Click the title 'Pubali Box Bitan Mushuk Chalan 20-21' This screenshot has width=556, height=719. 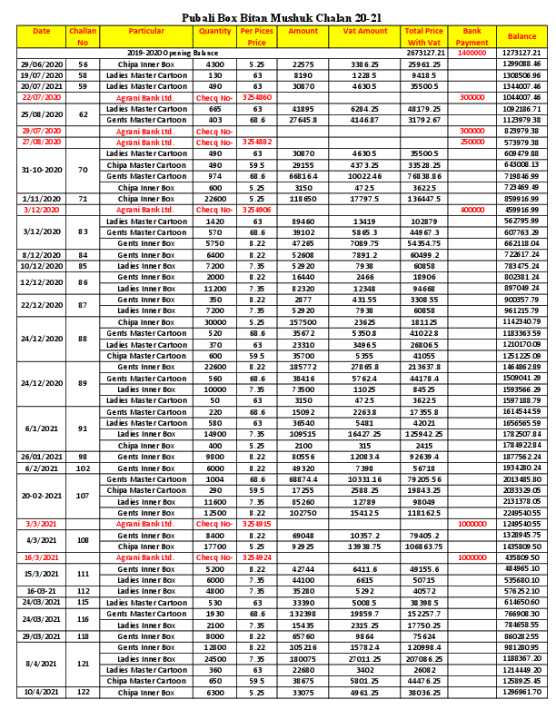click(x=277, y=16)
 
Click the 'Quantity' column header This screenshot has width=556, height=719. click(x=215, y=32)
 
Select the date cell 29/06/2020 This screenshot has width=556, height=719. click(x=41, y=64)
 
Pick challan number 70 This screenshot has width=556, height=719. click(x=84, y=170)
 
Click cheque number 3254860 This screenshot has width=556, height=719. click(x=258, y=96)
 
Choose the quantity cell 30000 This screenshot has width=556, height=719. click(x=215, y=322)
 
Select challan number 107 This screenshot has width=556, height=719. click(x=84, y=496)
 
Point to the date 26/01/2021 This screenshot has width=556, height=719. click(x=41, y=457)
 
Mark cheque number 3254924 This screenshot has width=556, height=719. click(x=258, y=557)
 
